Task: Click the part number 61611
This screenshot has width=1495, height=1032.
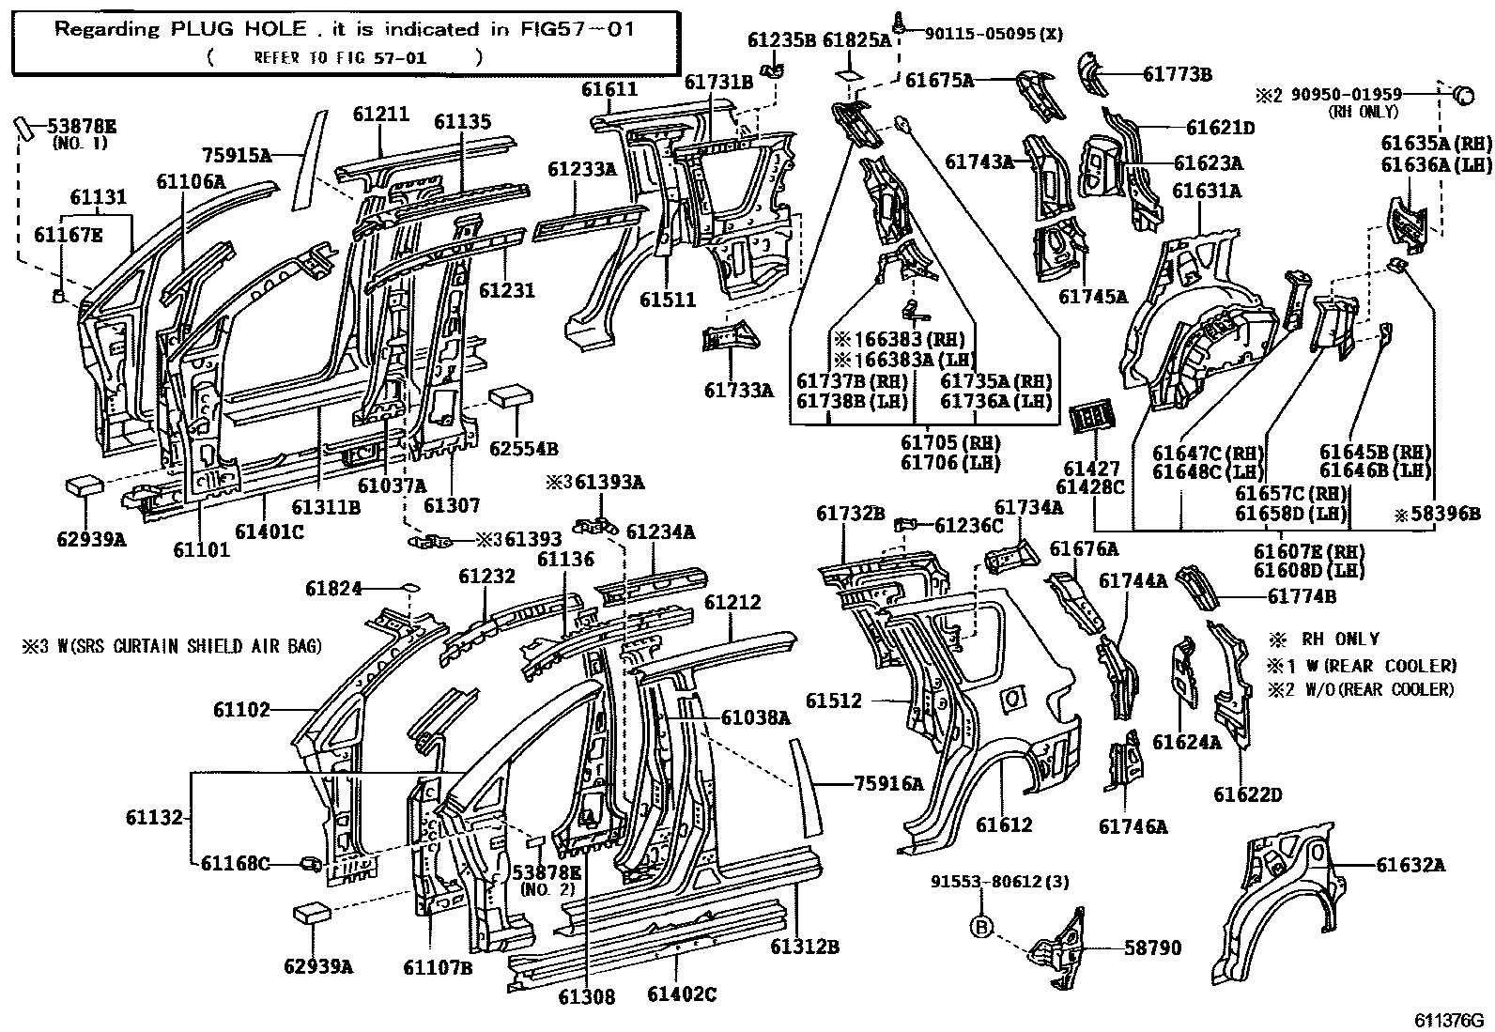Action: coord(609,90)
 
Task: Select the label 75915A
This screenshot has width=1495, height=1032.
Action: coord(237,155)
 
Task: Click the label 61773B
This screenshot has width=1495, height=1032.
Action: coord(1177,74)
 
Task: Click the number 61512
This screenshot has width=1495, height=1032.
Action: coord(833,701)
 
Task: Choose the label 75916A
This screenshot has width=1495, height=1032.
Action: coord(888,782)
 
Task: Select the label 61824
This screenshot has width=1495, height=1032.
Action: coord(333,589)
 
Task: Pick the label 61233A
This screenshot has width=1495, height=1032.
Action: coord(582,169)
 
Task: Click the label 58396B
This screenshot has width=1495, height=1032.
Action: coord(1441,514)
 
